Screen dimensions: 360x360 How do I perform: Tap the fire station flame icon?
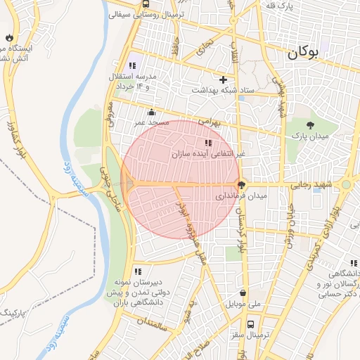[8, 37]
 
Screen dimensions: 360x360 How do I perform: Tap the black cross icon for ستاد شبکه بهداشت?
[224, 79]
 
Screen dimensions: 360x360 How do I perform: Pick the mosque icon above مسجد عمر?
[151, 112]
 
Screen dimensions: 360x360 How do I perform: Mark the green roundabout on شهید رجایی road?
[346, 185]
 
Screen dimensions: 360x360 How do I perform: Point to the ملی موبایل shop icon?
[243, 293]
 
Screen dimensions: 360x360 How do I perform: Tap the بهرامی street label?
[209, 122]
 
